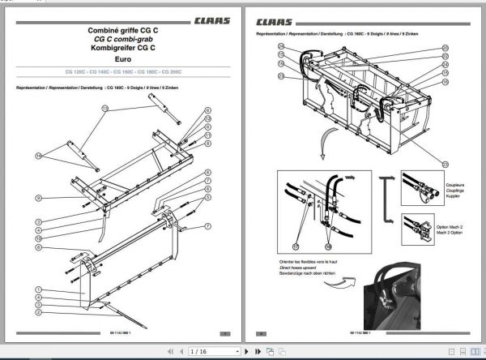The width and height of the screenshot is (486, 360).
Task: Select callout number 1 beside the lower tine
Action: pyautogui.click(x=37, y=289)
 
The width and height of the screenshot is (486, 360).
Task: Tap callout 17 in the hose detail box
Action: pyautogui.click(x=296, y=246)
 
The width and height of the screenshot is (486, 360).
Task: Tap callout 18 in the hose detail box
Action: pyautogui.click(x=328, y=246)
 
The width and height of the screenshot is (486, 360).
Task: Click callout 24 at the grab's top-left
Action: pyautogui.click(x=281, y=47)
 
